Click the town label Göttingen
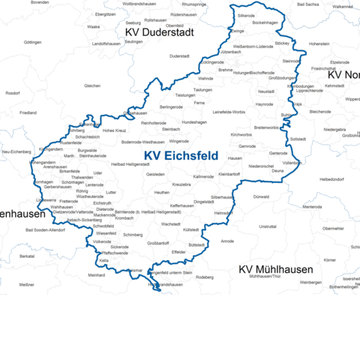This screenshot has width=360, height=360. [x=32, y=42]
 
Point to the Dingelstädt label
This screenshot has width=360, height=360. [x=204, y=201]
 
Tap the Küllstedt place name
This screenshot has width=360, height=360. [x=192, y=229]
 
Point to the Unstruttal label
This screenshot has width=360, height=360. [x=267, y=226]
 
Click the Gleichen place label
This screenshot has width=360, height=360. [x=92, y=85]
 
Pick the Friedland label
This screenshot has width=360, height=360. [x=28, y=112]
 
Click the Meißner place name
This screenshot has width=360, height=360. [x=26, y=285]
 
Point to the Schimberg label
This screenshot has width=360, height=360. [x=133, y=234]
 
